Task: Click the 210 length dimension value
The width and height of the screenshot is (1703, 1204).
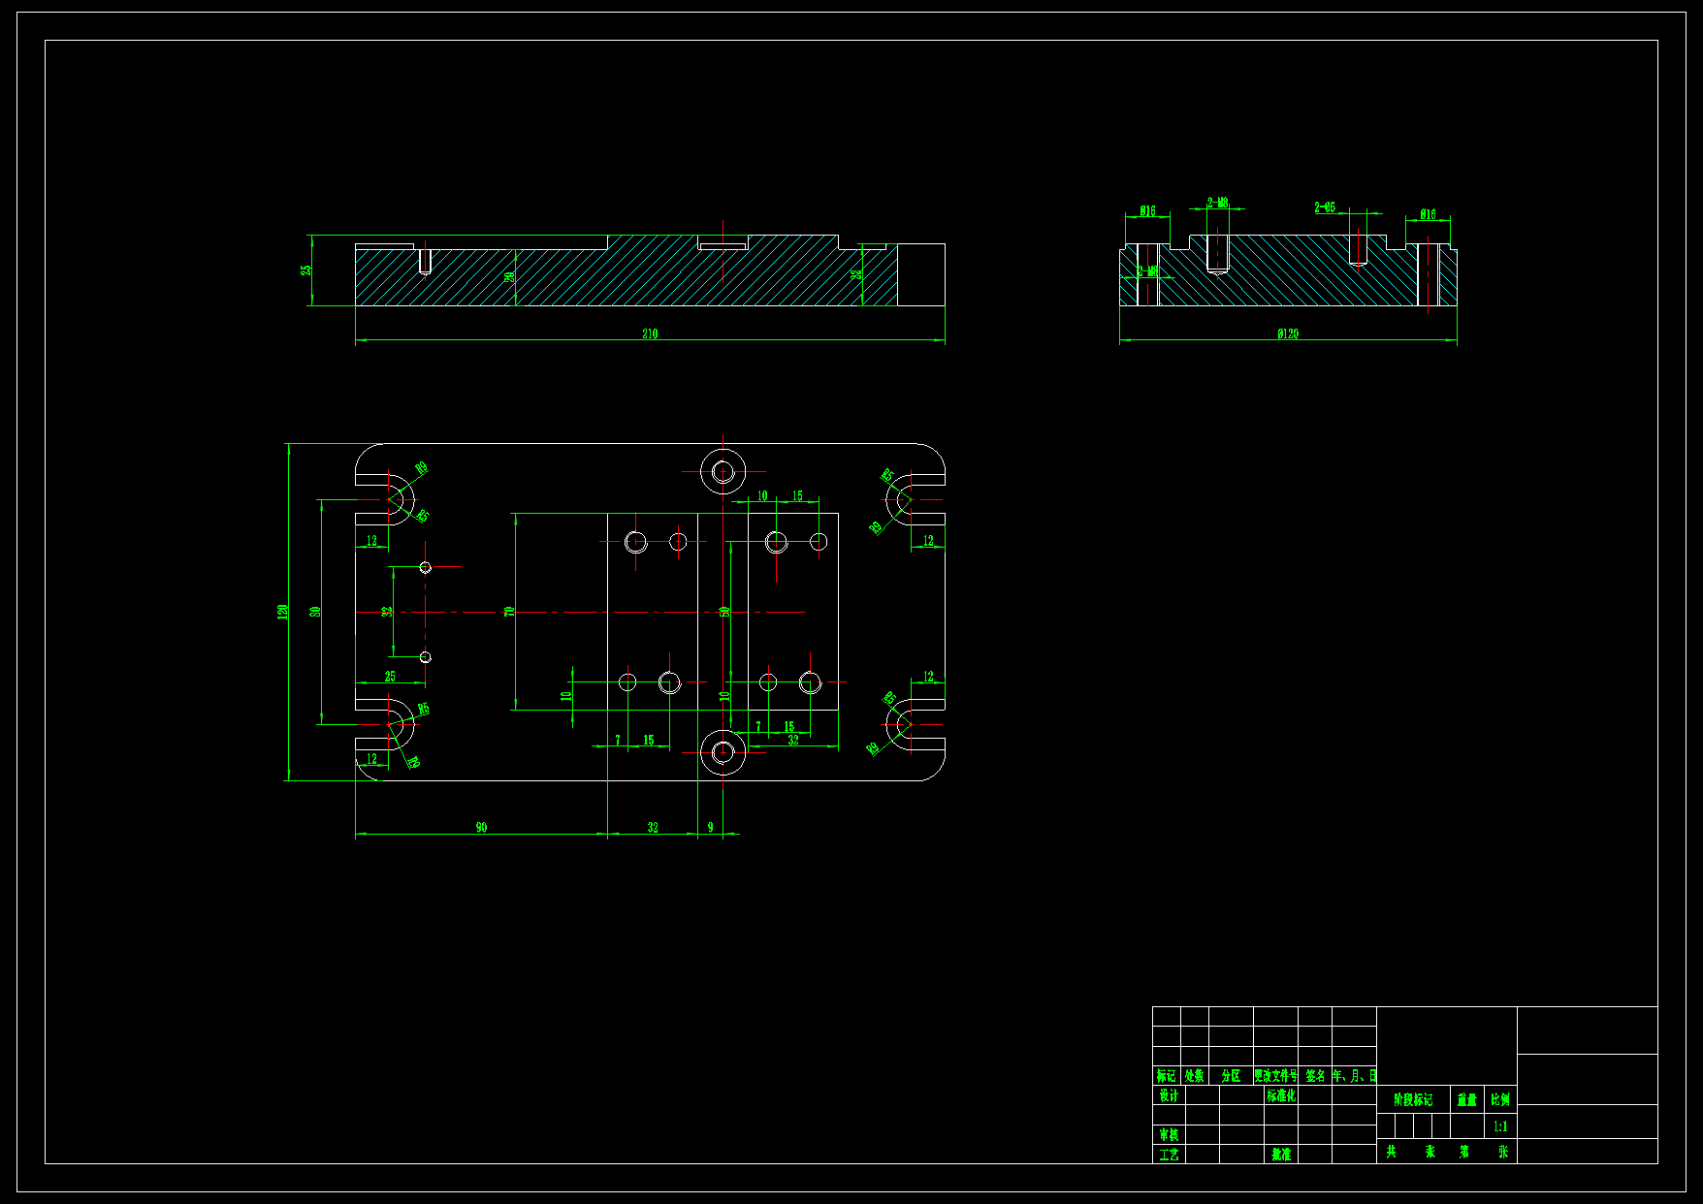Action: pos(650,333)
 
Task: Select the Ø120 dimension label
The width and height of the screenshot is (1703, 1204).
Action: pos(1288,333)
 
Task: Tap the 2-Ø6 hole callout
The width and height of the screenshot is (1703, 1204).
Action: pos(1325,207)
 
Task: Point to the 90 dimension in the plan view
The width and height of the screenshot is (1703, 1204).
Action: pos(481,827)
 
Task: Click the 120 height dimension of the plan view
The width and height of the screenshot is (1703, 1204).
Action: pos(283,612)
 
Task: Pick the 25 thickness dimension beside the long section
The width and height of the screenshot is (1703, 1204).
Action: pos(306,269)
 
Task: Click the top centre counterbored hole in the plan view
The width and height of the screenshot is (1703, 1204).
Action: pos(723,472)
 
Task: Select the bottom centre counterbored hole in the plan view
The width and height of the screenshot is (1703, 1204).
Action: pos(723,751)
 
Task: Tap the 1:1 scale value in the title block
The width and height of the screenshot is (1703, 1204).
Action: pos(1499,1126)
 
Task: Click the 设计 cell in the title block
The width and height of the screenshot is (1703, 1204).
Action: pos(1169,1095)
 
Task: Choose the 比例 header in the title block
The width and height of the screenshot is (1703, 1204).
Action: pos(1499,1099)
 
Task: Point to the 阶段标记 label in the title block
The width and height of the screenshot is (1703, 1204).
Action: pos(1412,1099)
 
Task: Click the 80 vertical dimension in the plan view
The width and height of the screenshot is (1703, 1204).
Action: pos(315,612)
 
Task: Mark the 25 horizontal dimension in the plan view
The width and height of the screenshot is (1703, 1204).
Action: pos(390,677)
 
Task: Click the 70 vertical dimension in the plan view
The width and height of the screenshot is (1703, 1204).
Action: pos(509,612)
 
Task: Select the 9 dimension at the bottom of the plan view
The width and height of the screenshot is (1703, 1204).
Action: pos(710,827)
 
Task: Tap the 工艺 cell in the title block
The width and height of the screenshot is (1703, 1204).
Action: pos(1169,1155)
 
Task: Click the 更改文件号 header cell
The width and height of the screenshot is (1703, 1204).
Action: pos(1275,1076)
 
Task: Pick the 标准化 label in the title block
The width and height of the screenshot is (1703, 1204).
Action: pos(1280,1095)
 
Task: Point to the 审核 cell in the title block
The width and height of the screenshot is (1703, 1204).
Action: pos(1169,1134)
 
